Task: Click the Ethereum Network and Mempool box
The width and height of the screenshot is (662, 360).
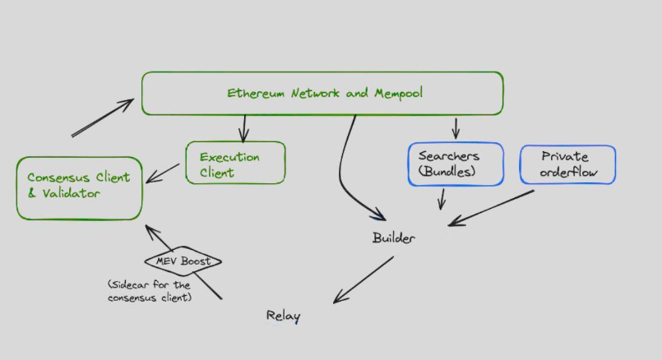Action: tap(322, 93)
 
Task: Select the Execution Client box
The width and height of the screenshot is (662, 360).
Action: tap(235, 163)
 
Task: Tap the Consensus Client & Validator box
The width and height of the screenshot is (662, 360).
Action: tap(78, 187)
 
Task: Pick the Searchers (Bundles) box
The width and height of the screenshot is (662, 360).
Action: tap(455, 164)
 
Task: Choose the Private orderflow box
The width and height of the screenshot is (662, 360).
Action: tap(567, 164)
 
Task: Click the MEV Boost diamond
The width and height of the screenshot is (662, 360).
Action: tap(183, 261)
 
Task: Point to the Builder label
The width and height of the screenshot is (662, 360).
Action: tap(394, 238)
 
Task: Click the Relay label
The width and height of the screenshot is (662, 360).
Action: tap(283, 316)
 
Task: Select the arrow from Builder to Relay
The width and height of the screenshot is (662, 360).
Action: tap(362, 280)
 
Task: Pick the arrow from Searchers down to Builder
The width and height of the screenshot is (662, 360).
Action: tap(442, 199)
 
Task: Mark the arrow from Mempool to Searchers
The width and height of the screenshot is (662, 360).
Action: tap(456, 128)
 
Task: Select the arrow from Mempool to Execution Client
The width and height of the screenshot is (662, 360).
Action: tap(243, 128)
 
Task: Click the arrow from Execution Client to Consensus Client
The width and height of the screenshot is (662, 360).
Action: tap(164, 172)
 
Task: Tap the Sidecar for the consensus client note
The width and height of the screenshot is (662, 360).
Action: tap(149, 290)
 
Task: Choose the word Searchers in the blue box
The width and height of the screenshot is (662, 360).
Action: tap(449, 155)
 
